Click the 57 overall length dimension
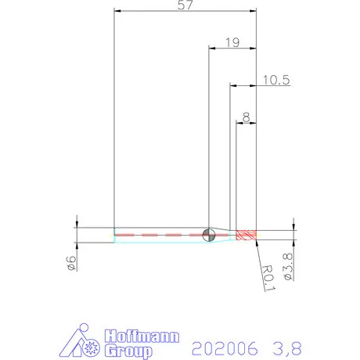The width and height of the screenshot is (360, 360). (x=185, y=5)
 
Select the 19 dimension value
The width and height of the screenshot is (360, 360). (x=232, y=42)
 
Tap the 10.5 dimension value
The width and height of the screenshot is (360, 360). (x=276, y=80)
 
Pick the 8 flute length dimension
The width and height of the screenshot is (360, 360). (x=246, y=117)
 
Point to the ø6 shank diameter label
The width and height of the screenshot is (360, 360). (x=71, y=263)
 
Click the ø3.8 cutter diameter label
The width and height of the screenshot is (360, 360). (x=288, y=267)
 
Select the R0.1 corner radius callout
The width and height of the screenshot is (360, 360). (x=268, y=278)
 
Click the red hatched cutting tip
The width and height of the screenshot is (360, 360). (x=247, y=235)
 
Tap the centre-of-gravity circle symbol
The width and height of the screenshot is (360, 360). (x=209, y=235)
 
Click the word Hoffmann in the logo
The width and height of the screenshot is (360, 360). (x=142, y=337)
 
